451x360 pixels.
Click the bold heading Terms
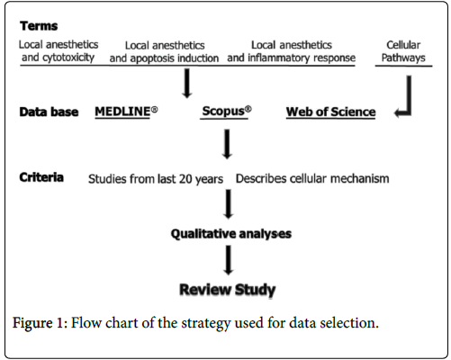click(x=39, y=26)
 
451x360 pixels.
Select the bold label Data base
click(x=49, y=112)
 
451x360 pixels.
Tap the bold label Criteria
click(x=41, y=177)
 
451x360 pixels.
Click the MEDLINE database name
click(x=126, y=112)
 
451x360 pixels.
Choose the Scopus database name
click(x=227, y=111)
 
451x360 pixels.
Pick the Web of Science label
click(x=330, y=112)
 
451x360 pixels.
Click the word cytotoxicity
click(x=68, y=58)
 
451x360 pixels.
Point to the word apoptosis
click(x=153, y=58)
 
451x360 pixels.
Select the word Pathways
click(x=403, y=58)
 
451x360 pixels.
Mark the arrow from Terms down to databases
click(x=187, y=83)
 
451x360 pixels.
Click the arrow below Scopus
click(x=227, y=144)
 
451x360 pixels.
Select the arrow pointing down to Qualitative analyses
click(x=229, y=204)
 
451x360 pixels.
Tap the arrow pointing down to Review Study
click(x=229, y=260)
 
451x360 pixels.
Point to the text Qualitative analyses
click(x=231, y=234)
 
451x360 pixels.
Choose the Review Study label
click(x=228, y=290)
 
